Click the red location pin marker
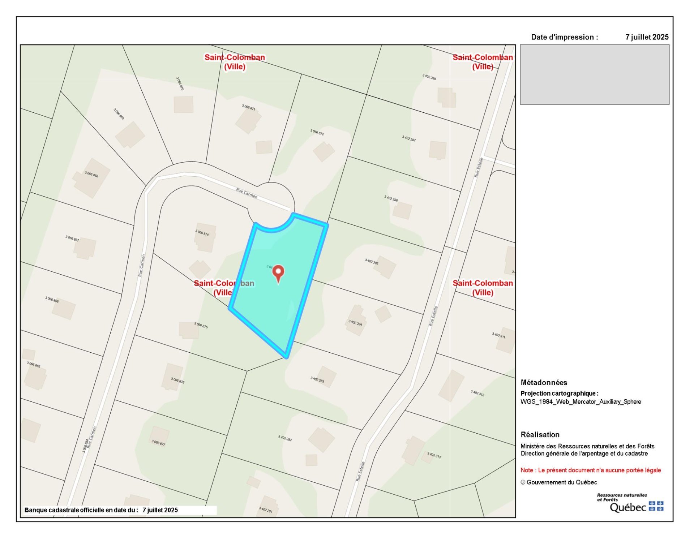[x=278, y=272]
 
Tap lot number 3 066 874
[x=202, y=232]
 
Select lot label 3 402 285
[x=372, y=262]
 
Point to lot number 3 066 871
[x=249, y=107]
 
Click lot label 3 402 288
[x=429, y=77]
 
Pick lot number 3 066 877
[x=158, y=443]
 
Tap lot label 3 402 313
[x=434, y=455]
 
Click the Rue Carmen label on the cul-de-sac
[x=247, y=193]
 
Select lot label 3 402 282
[x=285, y=438]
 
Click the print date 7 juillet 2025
[x=647, y=37]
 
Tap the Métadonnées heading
[x=544, y=383]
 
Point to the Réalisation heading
[x=540, y=435]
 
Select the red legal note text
[x=590, y=470]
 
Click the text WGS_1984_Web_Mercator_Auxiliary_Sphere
[x=581, y=402]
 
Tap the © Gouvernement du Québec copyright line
[x=558, y=482]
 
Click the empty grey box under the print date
[x=595, y=74]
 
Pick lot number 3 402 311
[x=498, y=335]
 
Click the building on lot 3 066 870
[x=183, y=104]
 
